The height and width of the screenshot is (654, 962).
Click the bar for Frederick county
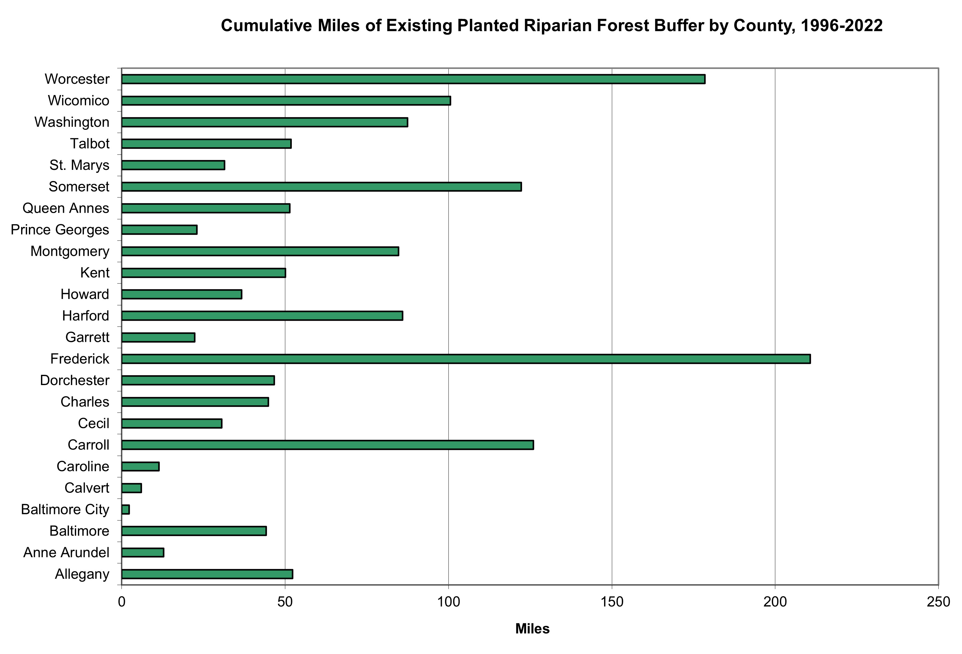(466, 359)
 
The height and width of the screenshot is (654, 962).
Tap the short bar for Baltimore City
(126, 509)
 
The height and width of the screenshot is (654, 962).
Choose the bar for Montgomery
(260, 251)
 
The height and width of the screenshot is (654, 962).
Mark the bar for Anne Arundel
(143, 552)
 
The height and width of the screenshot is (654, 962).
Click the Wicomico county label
(78, 101)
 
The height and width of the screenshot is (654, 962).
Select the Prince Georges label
(60, 229)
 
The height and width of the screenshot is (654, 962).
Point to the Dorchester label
(75, 380)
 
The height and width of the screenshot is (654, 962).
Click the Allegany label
(82, 574)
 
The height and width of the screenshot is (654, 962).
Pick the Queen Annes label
(66, 208)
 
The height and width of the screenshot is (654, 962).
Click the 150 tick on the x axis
(612, 602)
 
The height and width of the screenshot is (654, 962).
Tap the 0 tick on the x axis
(122, 602)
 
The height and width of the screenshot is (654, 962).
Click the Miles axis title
(532, 629)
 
